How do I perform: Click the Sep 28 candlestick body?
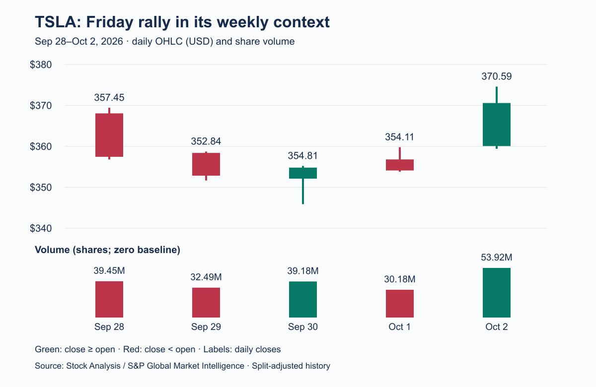pos(109,135)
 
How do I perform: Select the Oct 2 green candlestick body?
pos(497,125)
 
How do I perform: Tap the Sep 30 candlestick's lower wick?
pos(303,192)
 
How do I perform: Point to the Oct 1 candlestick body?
pos(400,165)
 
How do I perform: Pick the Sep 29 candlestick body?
pos(206,164)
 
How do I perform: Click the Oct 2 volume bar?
pos(497,293)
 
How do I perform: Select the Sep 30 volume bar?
pos(303,299)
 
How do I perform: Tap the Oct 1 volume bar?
pos(400,304)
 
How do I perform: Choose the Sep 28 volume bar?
pos(109,299)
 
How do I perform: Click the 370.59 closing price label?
pos(497,76)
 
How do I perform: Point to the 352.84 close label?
pos(206,141)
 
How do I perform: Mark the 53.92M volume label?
pos(497,258)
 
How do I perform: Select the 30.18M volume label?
pos(400,279)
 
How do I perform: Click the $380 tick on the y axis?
pos(41,64)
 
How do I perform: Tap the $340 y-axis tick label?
pos(41,228)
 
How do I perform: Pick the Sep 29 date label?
pos(206,326)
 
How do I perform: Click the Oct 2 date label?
pos(497,326)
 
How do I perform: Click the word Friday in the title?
pos(110,22)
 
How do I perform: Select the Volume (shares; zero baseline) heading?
pos(107,250)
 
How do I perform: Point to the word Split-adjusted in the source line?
pos(278,366)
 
